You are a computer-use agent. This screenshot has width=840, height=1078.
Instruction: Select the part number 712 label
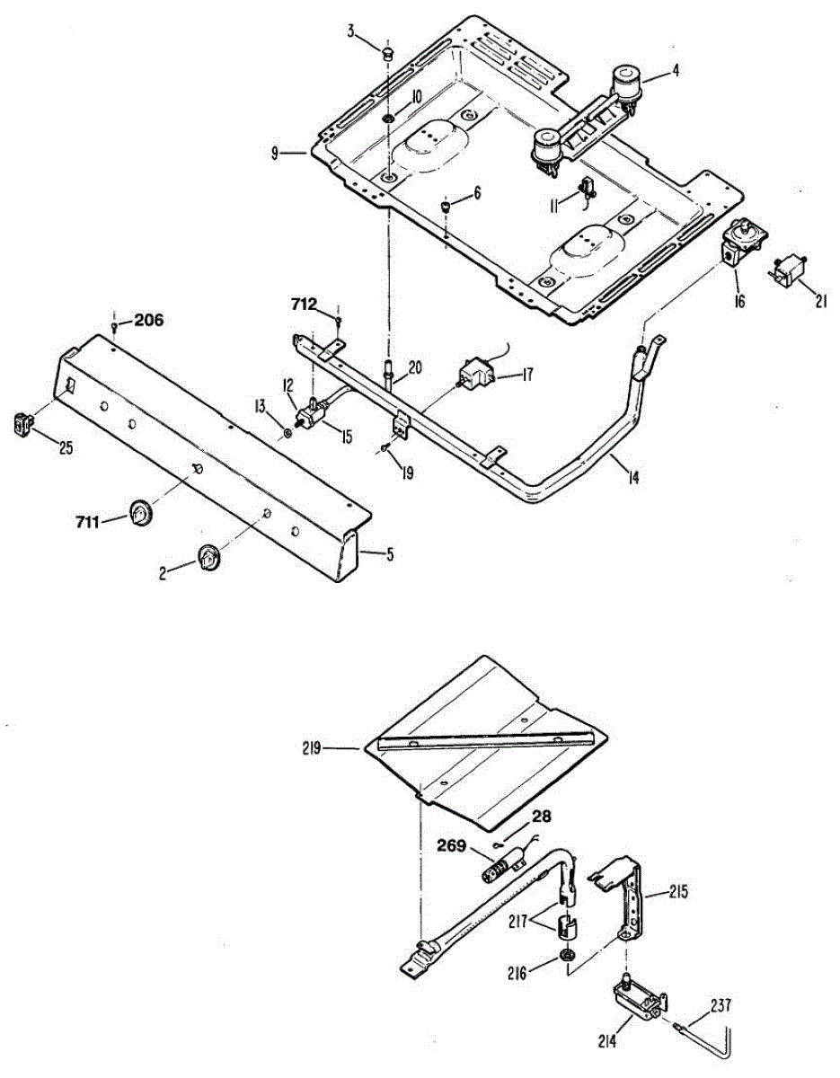[303, 305]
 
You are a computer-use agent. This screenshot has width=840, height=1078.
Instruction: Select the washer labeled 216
[568, 954]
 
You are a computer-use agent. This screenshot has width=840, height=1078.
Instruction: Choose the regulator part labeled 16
[742, 243]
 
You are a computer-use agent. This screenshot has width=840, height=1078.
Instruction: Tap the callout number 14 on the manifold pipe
[634, 478]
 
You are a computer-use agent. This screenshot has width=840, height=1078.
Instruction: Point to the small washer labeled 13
[287, 433]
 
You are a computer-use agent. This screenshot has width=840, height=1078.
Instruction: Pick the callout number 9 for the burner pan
[275, 153]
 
